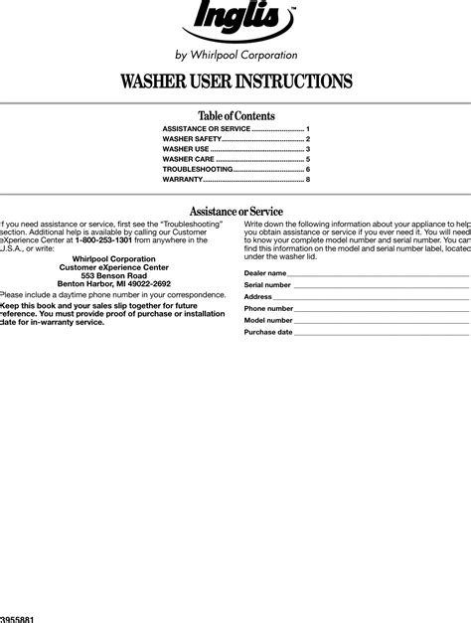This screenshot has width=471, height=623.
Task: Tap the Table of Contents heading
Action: click(x=235, y=115)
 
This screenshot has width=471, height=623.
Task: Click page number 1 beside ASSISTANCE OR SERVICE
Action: click(x=308, y=129)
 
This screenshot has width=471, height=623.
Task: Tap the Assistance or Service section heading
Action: click(x=235, y=211)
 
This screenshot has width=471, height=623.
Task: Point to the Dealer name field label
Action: click(x=265, y=272)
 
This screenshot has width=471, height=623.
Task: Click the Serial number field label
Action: click(x=267, y=284)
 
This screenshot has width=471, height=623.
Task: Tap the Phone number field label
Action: click(x=268, y=308)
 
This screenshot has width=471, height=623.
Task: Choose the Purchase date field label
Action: click(x=268, y=332)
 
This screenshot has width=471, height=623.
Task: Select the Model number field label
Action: click(x=268, y=320)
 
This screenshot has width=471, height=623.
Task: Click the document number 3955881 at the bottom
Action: click(x=18, y=618)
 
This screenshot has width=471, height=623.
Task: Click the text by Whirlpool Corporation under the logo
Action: click(x=235, y=56)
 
